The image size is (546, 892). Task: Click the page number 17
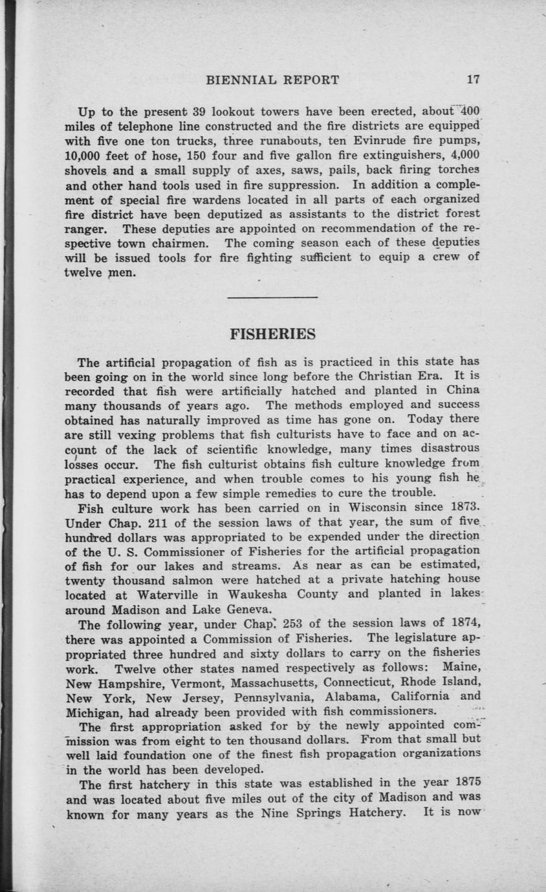tap(473, 80)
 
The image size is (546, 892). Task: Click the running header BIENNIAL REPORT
tap(272, 80)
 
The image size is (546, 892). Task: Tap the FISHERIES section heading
tap(273, 334)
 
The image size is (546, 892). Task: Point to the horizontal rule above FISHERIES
tap(273, 297)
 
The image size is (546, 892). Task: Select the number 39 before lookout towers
tap(199, 110)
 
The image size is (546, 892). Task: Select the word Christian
tap(356, 375)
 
